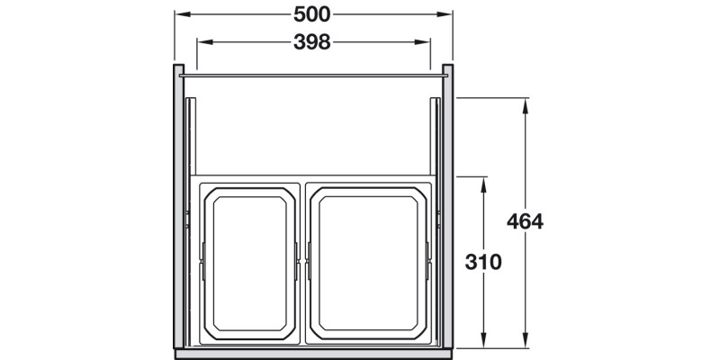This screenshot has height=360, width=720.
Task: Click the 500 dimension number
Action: click(x=312, y=15)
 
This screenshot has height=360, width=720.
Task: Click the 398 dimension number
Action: click(x=312, y=41)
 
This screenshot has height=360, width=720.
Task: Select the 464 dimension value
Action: click(x=525, y=221)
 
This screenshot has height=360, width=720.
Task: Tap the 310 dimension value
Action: click(x=483, y=262)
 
